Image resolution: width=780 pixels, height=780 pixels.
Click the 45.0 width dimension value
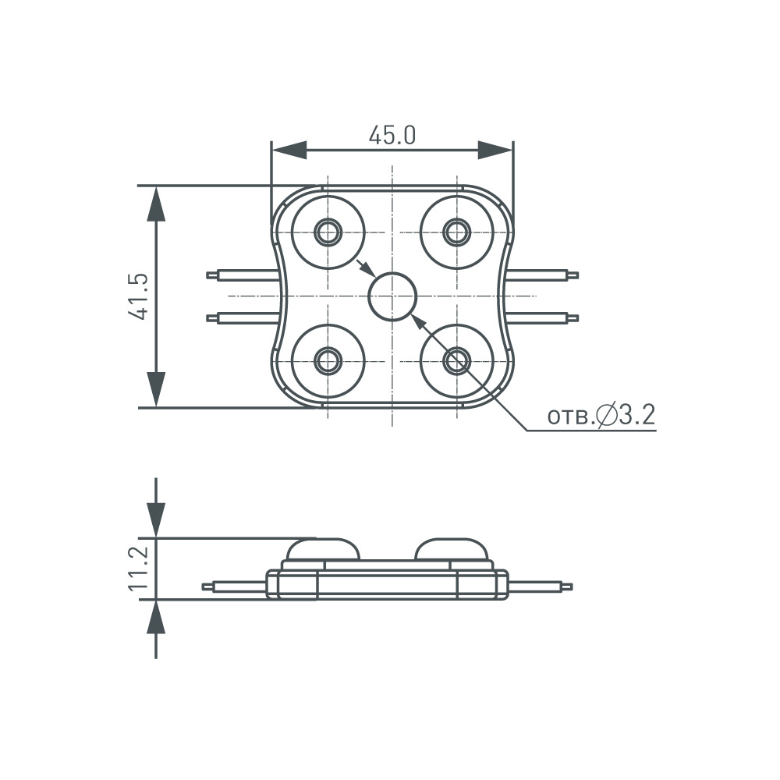392,136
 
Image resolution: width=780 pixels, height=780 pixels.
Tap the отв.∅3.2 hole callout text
601,417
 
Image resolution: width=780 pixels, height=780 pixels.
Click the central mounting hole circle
392,296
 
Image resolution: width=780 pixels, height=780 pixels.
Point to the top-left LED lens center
328,232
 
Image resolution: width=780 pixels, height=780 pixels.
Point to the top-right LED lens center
456,232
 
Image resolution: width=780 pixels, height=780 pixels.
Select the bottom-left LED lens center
328,360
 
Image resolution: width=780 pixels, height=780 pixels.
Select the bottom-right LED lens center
456,360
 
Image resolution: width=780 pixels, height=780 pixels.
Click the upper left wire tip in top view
211,275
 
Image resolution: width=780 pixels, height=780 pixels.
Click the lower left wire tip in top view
211,317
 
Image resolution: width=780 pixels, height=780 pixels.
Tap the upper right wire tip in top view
574,275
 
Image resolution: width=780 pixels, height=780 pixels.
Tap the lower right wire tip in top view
574,317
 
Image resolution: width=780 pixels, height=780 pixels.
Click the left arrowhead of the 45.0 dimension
289,151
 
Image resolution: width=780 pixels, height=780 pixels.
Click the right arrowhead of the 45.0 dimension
495,151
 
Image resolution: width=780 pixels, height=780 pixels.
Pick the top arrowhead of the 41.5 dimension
157,204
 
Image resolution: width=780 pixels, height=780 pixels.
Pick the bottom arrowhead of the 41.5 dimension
157,388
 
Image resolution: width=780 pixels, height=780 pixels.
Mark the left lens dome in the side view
322,549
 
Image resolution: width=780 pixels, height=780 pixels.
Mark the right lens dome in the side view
452,549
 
